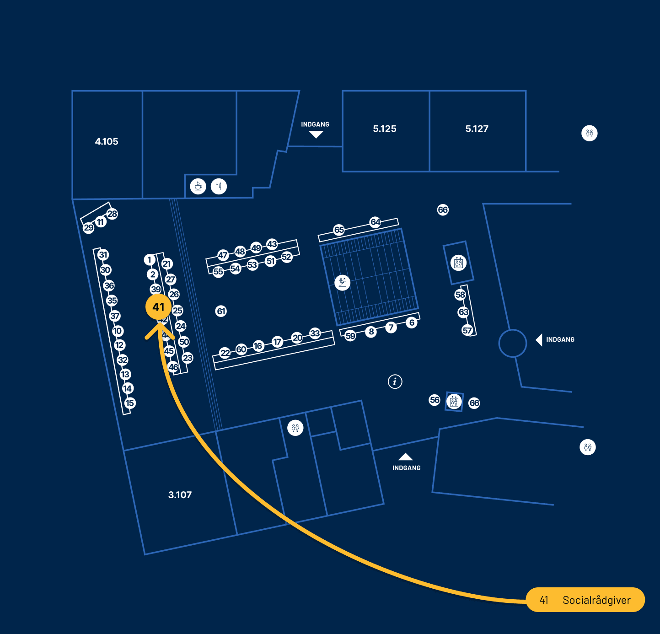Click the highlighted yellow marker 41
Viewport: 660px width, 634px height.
(x=158, y=307)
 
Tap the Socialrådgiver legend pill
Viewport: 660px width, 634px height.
(x=585, y=600)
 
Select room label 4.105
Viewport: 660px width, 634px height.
(x=107, y=142)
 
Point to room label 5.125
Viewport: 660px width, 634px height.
(x=385, y=129)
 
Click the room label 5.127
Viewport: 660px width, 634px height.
(x=477, y=129)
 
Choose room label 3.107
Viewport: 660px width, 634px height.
(x=180, y=495)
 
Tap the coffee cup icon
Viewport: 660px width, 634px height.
(x=198, y=186)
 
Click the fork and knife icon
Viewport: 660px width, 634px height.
(x=219, y=186)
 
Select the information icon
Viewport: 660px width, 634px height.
(x=395, y=381)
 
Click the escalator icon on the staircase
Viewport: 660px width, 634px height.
(x=342, y=282)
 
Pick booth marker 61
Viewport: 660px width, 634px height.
(x=221, y=312)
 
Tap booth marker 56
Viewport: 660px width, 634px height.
(x=435, y=400)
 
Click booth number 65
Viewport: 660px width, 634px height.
(x=339, y=230)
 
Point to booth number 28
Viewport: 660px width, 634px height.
(x=112, y=214)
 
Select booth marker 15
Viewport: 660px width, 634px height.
(x=130, y=403)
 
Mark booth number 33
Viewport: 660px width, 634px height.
(x=315, y=333)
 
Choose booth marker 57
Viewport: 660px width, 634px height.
(x=467, y=330)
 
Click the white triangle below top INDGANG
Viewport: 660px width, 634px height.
(x=316, y=134)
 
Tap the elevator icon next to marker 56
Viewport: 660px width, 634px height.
(x=454, y=402)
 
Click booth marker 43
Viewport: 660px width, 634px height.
(x=272, y=244)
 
